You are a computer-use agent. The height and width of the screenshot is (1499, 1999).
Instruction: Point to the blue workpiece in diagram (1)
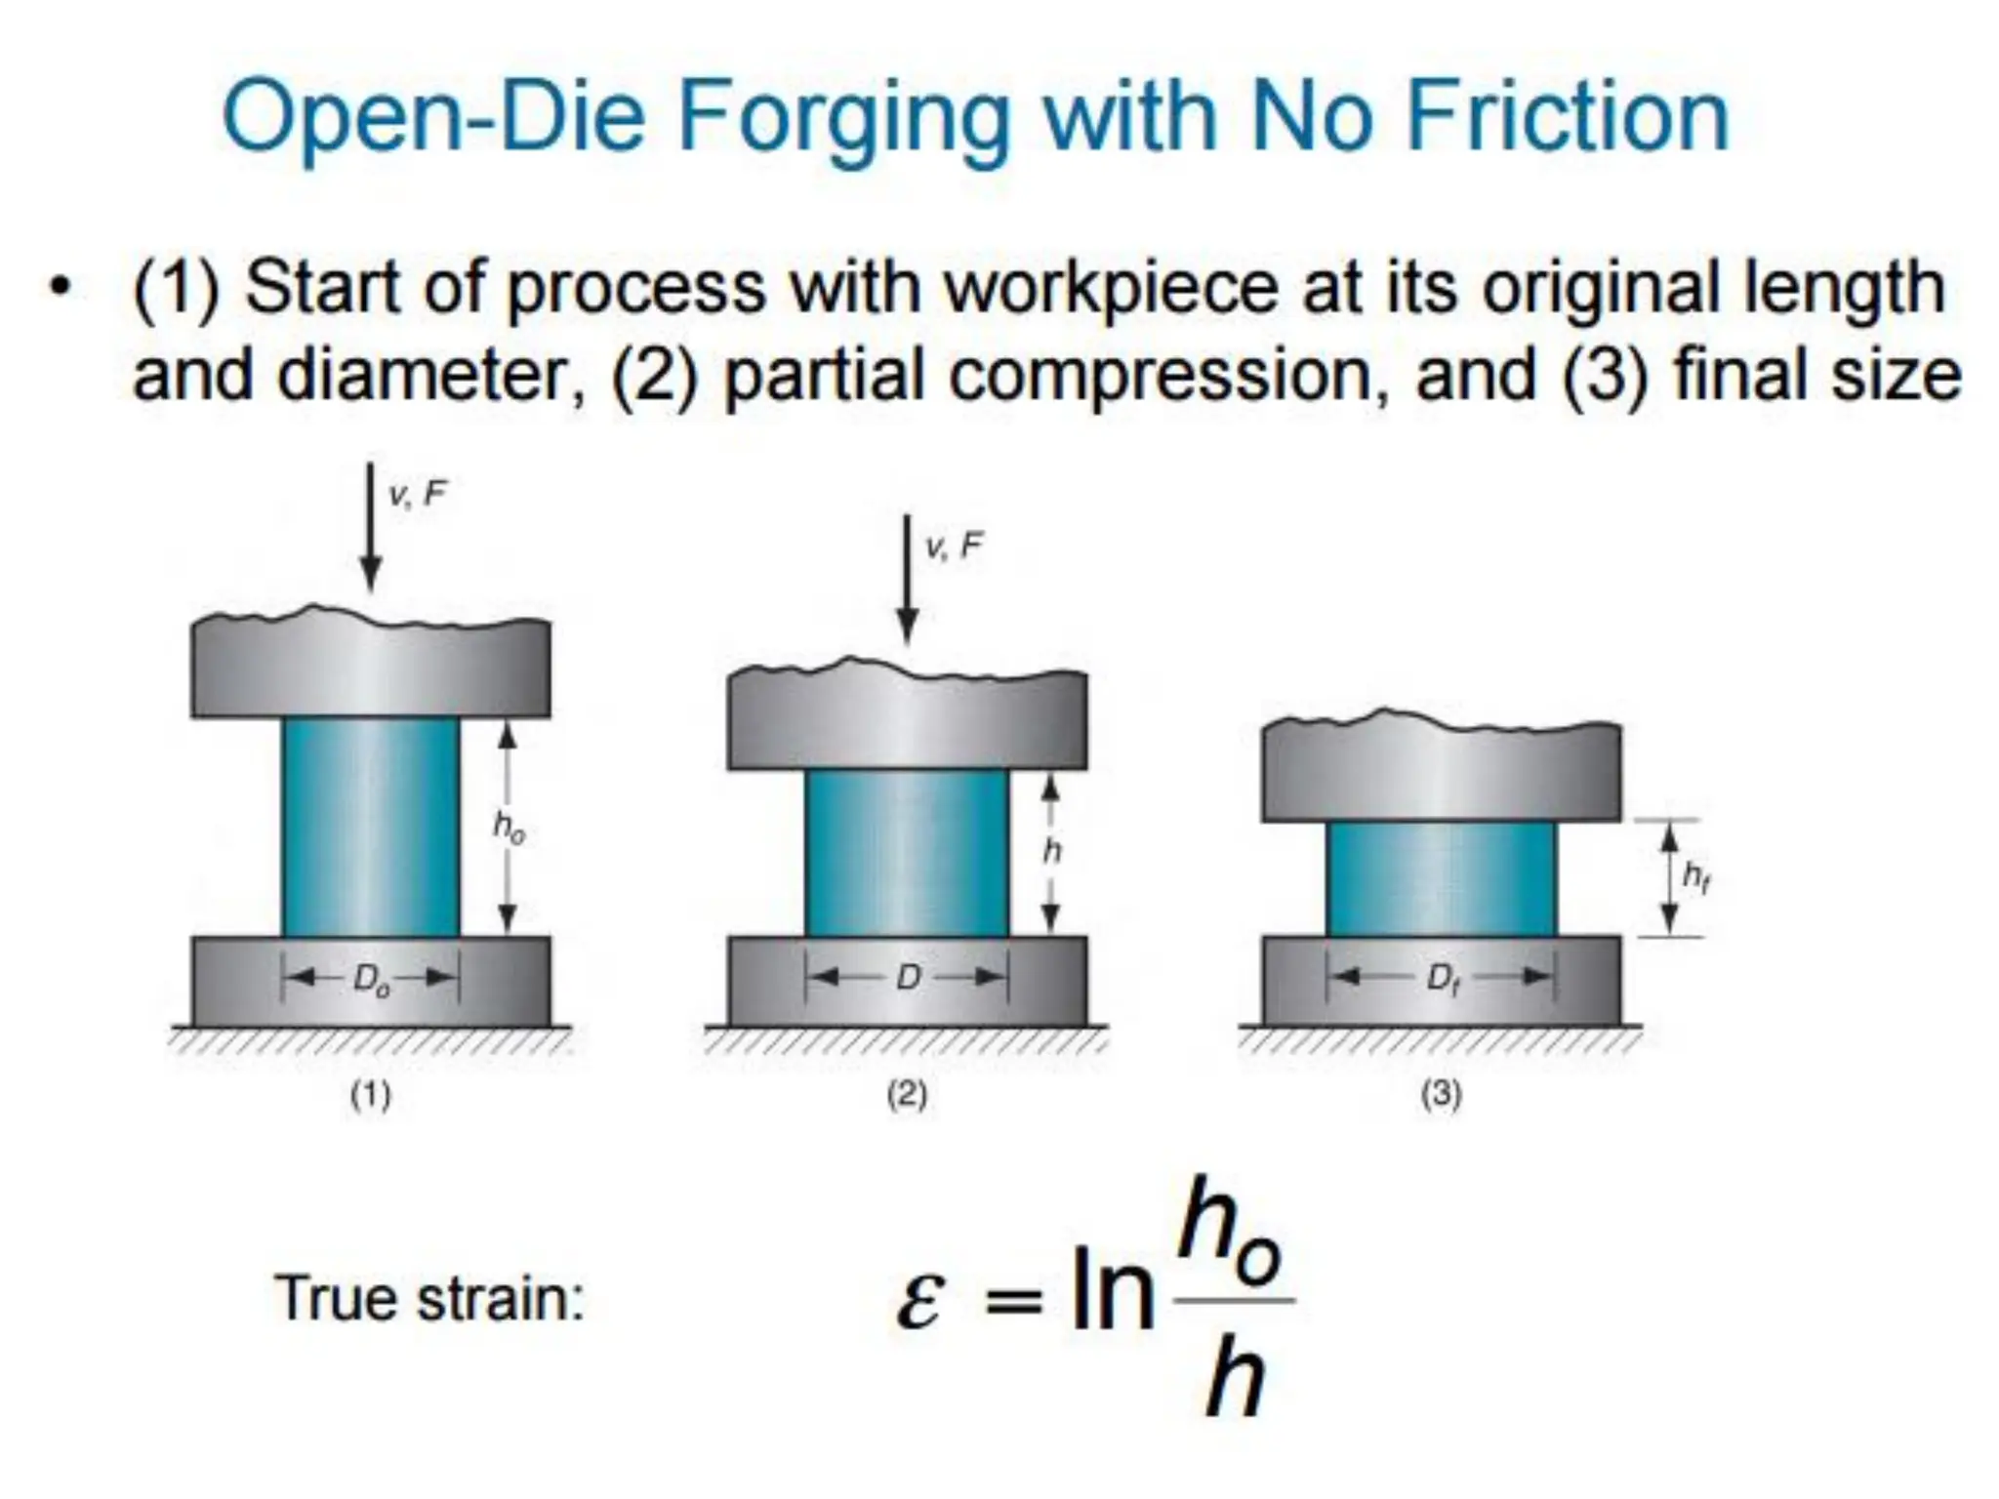pyautogui.click(x=370, y=827)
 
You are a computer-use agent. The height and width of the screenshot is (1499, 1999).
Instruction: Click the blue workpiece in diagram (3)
pyautogui.click(x=1441, y=878)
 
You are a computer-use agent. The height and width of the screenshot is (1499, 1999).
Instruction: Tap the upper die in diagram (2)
pyautogui.click(x=907, y=720)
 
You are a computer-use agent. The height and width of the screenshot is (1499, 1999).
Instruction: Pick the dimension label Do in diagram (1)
pyautogui.click(x=371, y=979)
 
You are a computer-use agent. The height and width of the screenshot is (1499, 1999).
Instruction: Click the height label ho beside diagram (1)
pyautogui.click(x=509, y=829)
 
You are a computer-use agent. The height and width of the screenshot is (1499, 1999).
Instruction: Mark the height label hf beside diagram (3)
pyautogui.click(x=1696, y=877)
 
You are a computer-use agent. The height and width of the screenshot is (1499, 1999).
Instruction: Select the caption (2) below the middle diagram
pyautogui.click(x=907, y=1095)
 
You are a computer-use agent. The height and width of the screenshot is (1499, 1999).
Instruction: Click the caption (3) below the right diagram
pyautogui.click(x=1441, y=1095)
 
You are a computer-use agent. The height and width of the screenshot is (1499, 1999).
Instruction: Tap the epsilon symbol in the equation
pyautogui.click(x=919, y=1301)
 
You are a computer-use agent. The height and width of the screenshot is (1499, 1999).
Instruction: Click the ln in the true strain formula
pyautogui.click(x=1112, y=1290)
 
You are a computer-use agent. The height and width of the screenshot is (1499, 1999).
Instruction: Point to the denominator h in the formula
pyautogui.click(x=1235, y=1378)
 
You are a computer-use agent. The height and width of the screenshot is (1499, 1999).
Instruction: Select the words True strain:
pyautogui.click(x=429, y=1299)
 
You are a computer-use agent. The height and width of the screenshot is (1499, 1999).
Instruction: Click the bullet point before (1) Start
pyautogui.click(x=61, y=289)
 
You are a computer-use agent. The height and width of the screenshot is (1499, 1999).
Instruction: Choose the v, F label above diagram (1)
pyautogui.click(x=417, y=495)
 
